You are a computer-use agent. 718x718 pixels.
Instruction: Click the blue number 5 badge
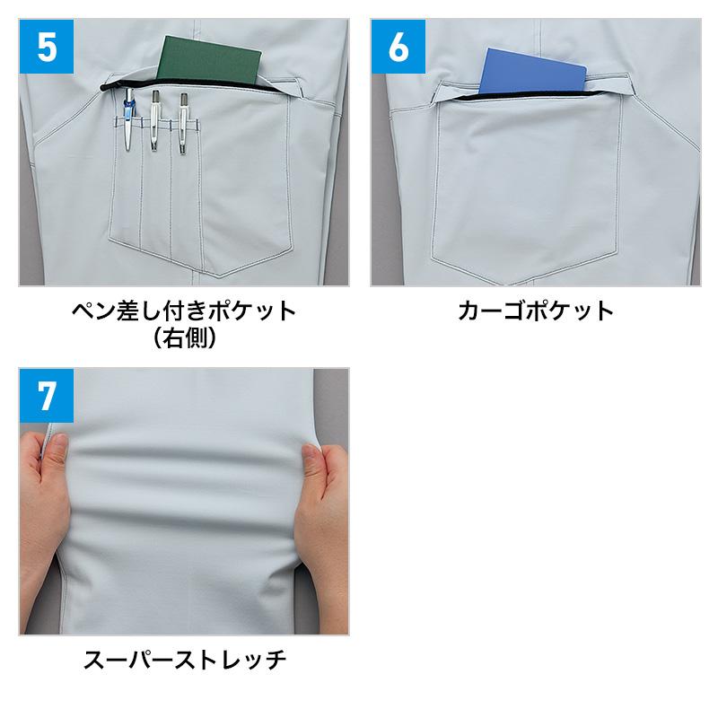47,47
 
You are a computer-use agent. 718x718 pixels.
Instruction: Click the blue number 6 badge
398,47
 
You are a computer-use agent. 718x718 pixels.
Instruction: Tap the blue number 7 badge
47,395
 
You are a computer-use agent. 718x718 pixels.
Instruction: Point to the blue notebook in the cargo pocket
532,70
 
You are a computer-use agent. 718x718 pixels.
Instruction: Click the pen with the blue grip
128,118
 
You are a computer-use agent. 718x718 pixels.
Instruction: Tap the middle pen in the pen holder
154,120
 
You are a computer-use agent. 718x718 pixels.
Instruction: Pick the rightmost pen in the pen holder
184,123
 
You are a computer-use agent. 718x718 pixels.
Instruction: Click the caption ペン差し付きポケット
184,311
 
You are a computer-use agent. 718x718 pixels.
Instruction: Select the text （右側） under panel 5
184,338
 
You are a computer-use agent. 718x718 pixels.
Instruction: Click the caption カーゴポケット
535,311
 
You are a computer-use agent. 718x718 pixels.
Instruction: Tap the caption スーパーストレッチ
185,660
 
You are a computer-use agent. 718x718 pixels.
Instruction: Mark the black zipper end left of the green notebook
104,86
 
